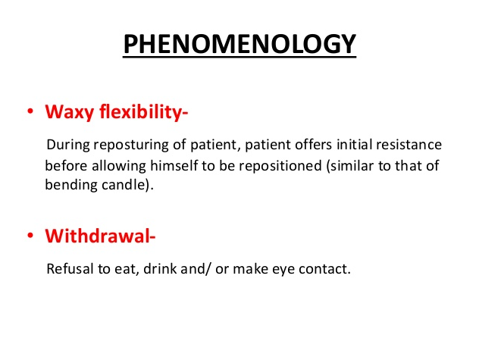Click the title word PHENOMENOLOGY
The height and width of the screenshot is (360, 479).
239,44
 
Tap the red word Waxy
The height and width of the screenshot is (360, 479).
69,112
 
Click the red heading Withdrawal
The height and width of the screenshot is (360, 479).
98,236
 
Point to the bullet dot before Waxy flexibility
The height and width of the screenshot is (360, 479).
30,111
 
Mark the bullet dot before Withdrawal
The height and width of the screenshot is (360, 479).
30,235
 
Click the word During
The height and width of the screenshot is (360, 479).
68,145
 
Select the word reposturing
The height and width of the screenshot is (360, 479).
131,146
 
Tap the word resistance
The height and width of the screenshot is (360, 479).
409,145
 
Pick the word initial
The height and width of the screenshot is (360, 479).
355,144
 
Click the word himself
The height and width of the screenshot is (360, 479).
174,166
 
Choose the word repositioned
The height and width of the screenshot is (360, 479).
280,167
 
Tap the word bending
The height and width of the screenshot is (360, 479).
71,186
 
